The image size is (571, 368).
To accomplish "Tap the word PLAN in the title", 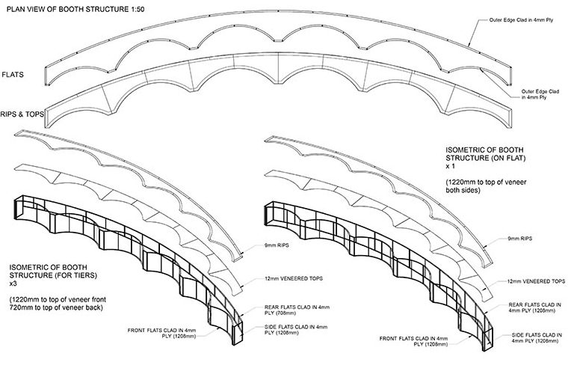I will (x=17, y=8).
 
